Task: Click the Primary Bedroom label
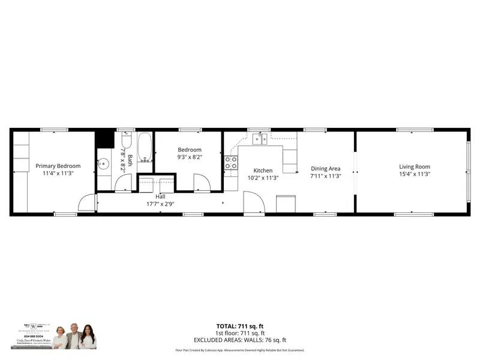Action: (58, 166)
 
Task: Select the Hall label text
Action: (160, 196)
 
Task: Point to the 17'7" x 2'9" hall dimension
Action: (160, 203)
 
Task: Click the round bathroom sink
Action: (103, 163)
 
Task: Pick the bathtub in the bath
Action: (145, 147)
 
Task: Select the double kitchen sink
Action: (260, 139)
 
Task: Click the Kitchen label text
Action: (263, 170)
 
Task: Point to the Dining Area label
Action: (325, 169)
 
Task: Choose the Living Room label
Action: (415, 166)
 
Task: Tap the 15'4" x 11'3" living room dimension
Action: (415, 174)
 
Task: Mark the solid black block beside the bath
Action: (105, 139)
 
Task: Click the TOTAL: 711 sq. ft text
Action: (239, 326)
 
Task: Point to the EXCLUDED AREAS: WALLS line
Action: (239, 340)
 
